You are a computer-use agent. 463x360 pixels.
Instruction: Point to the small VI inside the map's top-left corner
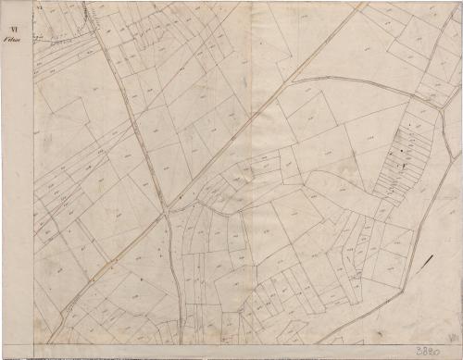[x=41, y=6]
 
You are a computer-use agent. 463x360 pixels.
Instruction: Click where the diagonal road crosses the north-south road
[x=167, y=213]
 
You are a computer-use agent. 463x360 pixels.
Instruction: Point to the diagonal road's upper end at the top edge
[x=364, y=3]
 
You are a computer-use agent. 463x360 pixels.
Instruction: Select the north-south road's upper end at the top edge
[x=85, y=3]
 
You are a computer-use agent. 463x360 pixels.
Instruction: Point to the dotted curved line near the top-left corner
[x=56, y=39]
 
